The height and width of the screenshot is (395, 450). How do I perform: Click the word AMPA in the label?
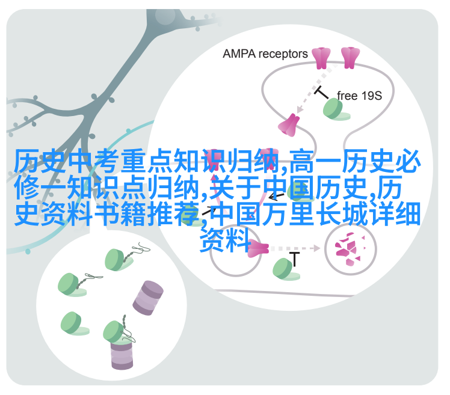click(x=239, y=54)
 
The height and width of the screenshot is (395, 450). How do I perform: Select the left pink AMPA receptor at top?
click(x=321, y=58)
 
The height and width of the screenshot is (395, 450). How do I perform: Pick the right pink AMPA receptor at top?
click(x=350, y=58)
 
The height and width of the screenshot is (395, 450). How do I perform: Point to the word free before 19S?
click(x=347, y=95)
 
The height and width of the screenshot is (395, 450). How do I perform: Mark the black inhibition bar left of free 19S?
click(x=321, y=92)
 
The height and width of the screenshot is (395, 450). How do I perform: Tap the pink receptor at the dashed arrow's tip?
click(x=289, y=123)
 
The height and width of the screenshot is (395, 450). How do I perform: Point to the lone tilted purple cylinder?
click(x=148, y=298)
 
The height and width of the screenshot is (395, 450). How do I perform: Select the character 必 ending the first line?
click(x=408, y=162)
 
